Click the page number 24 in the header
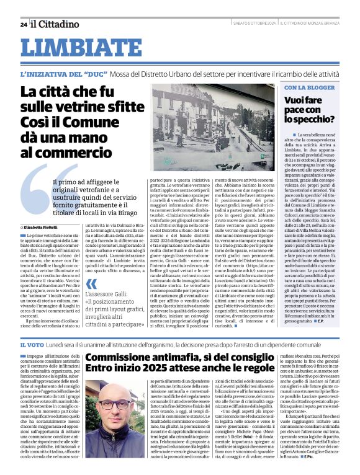[23, 24]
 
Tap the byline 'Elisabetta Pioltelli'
[48, 228]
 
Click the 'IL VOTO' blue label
[32, 344]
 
